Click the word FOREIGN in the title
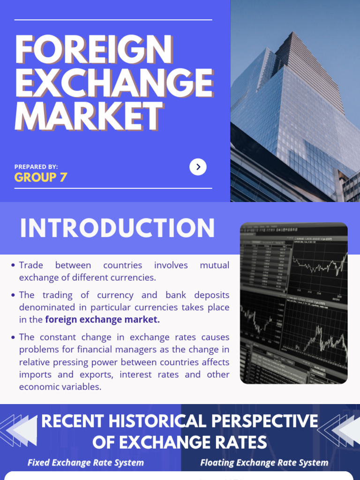pyautogui.click(x=94, y=50)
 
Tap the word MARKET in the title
pyautogui.click(x=89, y=116)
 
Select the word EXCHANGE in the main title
pyautogui.click(x=114, y=83)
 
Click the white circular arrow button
pyautogui.click(x=198, y=167)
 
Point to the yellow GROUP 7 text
pyautogui.click(x=41, y=177)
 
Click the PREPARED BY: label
pyautogui.click(x=36, y=167)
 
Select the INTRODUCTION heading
pyautogui.click(x=117, y=228)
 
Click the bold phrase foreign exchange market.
pyautogui.click(x=102, y=320)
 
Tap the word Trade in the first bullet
pyautogui.click(x=30, y=265)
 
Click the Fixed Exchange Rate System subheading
pyautogui.click(x=86, y=463)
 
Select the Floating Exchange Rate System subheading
pyautogui.click(x=264, y=463)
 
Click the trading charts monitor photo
pyautogui.click(x=294, y=303)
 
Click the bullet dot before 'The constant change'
pyautogui.click(x=13, y=337)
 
